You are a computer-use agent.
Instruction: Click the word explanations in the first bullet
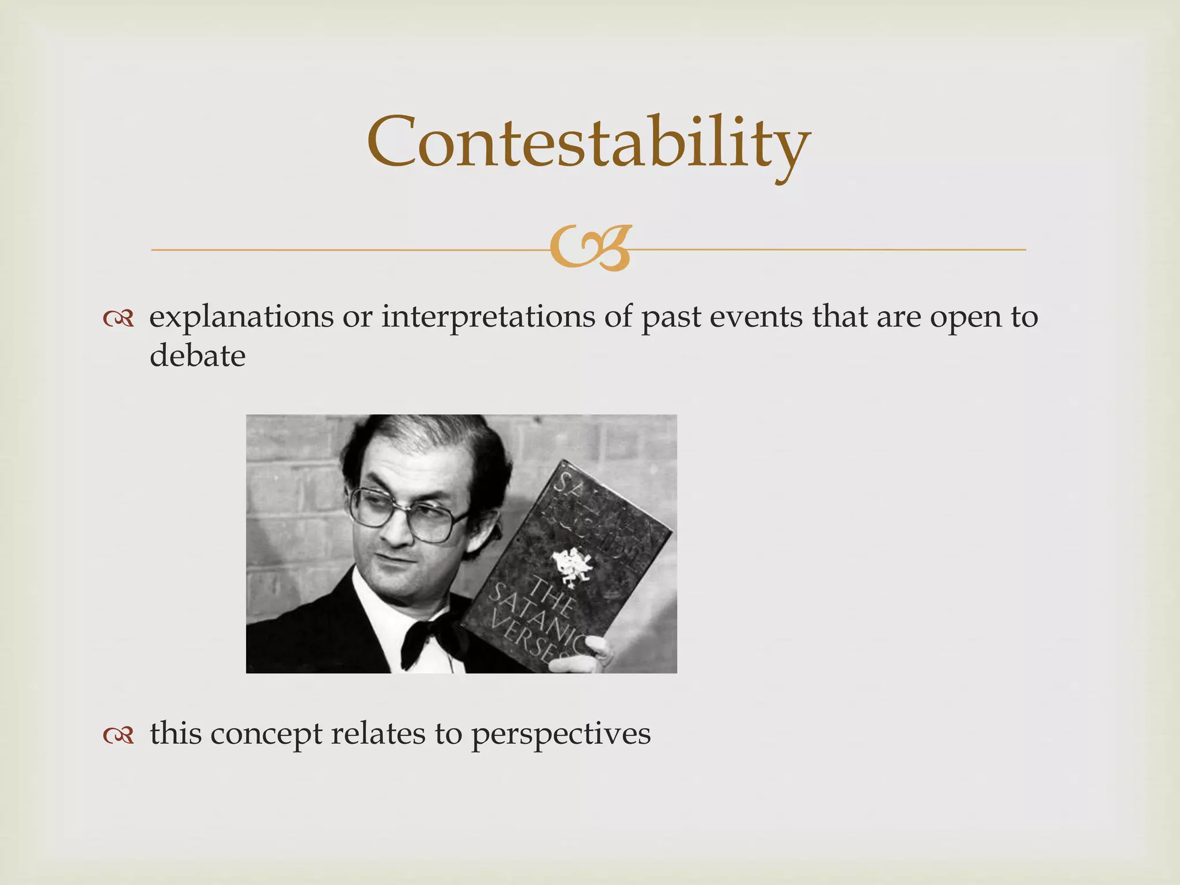[241, 317]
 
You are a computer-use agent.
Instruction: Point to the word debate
[198, 355]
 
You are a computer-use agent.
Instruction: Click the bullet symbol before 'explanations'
[118, 319]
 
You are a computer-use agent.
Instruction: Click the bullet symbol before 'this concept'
[118, 735]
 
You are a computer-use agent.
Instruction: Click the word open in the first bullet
[966, 317]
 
